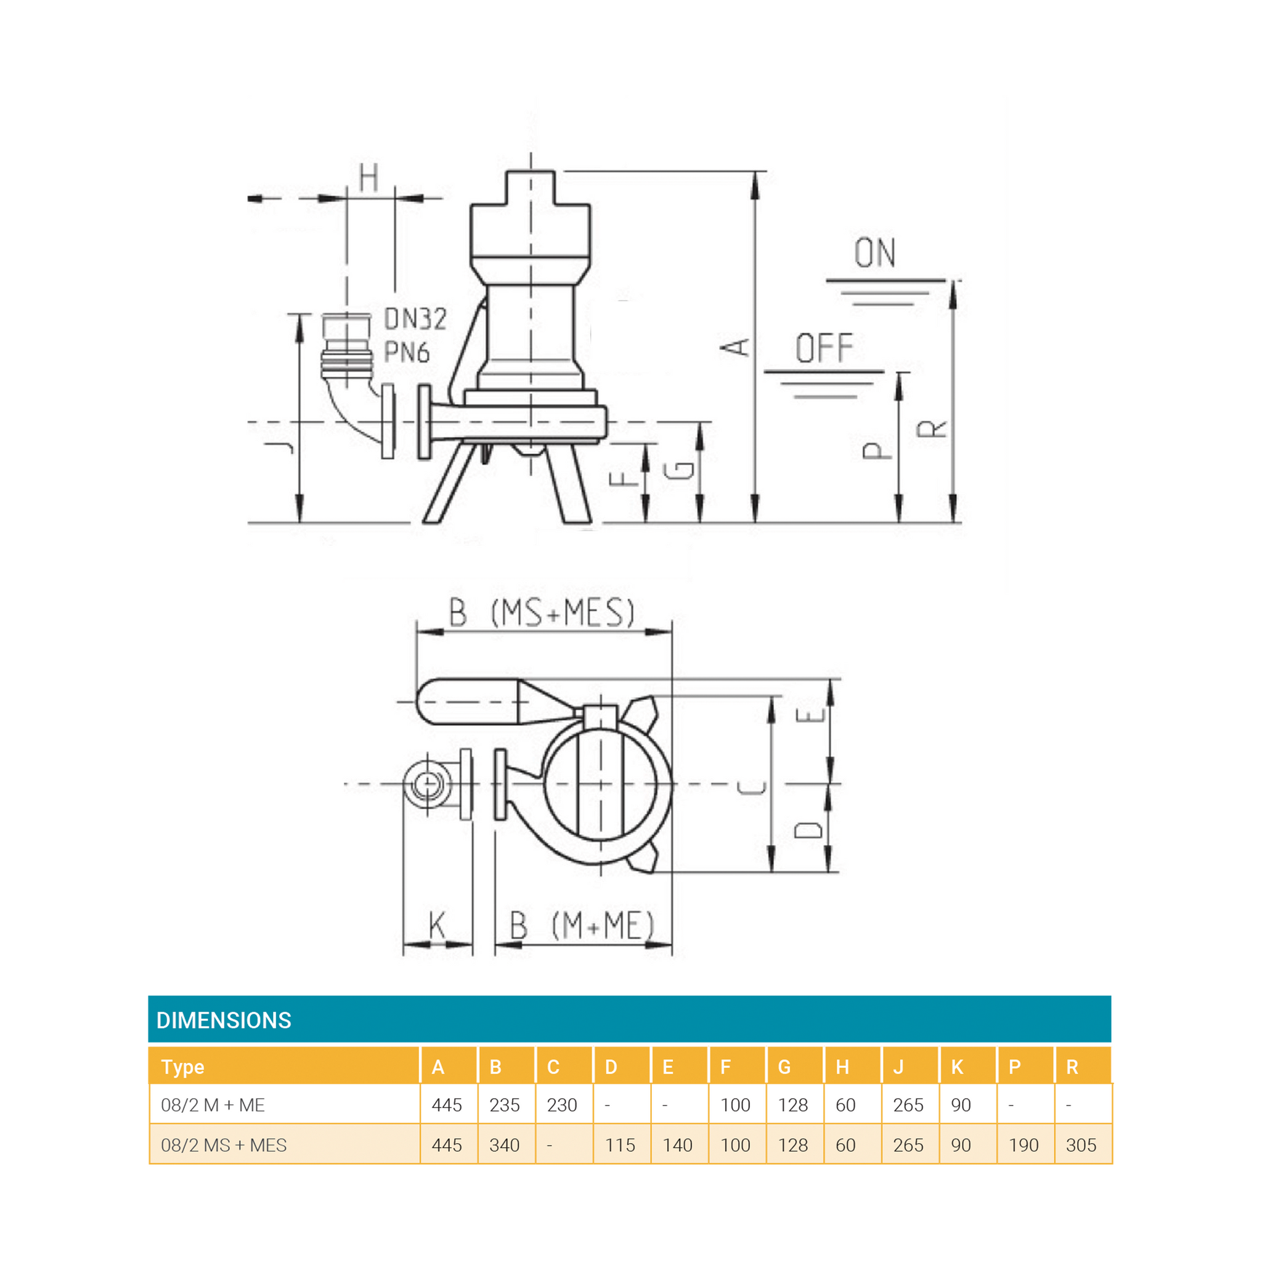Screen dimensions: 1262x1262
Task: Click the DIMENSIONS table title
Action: point(224,1020)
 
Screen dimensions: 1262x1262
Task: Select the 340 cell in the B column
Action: point(504,1145)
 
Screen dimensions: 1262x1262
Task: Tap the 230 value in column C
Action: point(562,1105)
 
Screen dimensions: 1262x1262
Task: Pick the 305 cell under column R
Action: point(1081,1145)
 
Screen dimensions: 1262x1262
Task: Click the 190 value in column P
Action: point(1024,1145)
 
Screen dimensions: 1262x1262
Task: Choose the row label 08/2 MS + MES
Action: point(224,1145)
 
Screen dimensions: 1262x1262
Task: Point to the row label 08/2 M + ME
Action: point(213,1105)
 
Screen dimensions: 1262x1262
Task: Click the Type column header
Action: point(183,1067)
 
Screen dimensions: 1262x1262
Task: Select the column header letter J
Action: point(899,1067)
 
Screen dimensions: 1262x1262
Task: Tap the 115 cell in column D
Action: point(620,1145)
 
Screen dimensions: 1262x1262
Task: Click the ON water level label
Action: point(874,253)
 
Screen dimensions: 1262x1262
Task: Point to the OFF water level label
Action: point(824,348)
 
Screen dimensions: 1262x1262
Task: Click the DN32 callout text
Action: point(415,319)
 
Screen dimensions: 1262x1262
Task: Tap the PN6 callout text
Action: point(407,352)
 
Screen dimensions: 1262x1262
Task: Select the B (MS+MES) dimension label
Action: point(542,613)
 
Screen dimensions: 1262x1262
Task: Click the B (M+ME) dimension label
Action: point(581,926)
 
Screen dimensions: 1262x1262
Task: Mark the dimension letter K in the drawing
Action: point(437,926)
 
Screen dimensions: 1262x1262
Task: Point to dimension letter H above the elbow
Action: point(369,177)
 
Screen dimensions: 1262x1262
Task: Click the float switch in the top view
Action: point(468,702)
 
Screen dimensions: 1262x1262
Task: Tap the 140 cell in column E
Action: point(677,1145)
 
